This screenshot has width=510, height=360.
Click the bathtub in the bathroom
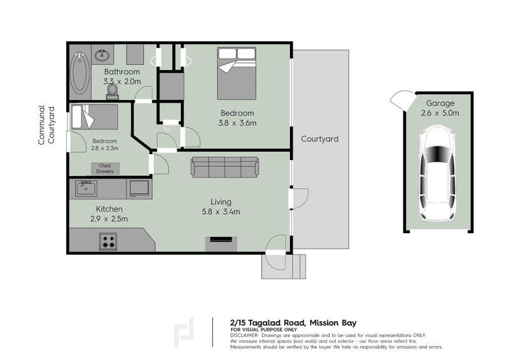[x=80, y=74]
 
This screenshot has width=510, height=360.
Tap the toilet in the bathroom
[x=113, y=92]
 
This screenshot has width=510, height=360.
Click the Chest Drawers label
[x=105, y=168]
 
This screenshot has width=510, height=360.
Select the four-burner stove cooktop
[x=108, y=241]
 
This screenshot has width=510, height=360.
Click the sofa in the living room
[x=225, y=167]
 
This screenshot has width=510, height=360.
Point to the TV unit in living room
[x=221, y=241]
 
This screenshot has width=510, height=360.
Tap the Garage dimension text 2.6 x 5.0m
[x=440, y=113]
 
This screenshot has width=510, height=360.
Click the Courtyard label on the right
[x=319, y=139]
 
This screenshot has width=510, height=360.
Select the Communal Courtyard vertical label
[x=46, y=125]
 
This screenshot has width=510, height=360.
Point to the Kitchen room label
[x=109, y=209]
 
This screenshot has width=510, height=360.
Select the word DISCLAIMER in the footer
[x=244, y=335]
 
